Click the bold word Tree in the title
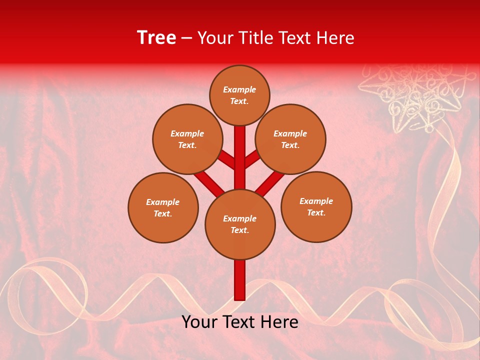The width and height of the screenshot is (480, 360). coord(156,37)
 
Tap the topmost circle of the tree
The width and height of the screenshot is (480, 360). coord(239,95)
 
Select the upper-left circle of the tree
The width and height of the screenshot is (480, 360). coord(187,139)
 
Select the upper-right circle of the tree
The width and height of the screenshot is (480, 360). coord(290,139)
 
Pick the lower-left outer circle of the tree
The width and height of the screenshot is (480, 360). coord(163,207)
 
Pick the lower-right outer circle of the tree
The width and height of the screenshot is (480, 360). coord(316,206)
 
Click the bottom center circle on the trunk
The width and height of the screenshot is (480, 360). coord(240,224)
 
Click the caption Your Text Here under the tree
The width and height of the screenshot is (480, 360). coord(240,322)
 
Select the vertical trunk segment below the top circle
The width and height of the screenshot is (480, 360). coord(240,150)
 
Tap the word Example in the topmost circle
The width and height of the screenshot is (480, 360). coord(239,89)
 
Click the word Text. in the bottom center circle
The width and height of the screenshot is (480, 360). coord(239,230)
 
